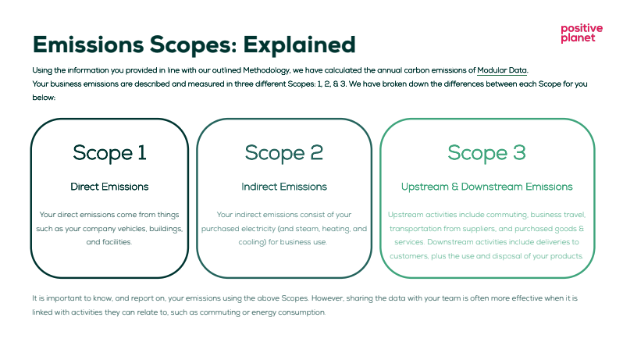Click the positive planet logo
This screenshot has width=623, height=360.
point(582,34)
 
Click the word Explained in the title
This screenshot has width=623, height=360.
point(299,45)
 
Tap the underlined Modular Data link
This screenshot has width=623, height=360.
point(502,70)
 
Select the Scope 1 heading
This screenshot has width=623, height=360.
point(109,153)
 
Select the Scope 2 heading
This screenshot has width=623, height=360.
point(284,153)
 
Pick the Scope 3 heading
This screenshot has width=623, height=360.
point(486,153)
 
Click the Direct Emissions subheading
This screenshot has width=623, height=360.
point(109,187)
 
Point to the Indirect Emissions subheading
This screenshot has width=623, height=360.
point(284,187)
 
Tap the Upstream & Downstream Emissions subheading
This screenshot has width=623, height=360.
point(486,187)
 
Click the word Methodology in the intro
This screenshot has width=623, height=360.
point(266,70)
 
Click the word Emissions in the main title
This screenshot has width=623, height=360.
point(87,45)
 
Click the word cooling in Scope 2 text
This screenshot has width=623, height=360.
point(252,242)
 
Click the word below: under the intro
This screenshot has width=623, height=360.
point(44,98)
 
